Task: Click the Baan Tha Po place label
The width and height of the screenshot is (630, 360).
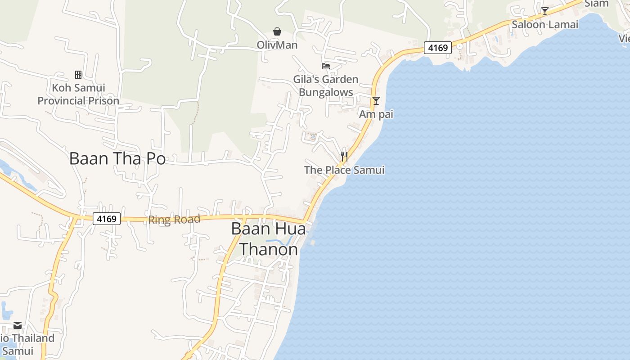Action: (117, 158)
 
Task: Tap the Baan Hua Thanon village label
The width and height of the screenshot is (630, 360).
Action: (269, 238)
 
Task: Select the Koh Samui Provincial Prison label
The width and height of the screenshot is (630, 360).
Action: (78, 94)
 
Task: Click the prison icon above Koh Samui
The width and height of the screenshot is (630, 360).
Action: (78, 74)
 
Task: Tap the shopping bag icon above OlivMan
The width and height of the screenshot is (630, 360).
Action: (277, 31)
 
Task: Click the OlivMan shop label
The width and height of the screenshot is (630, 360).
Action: (277, 45)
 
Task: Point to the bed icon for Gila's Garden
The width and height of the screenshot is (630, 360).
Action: (326, 66)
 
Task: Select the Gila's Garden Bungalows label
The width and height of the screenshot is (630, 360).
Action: (326, 85)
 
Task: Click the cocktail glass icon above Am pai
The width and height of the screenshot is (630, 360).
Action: (376, 101)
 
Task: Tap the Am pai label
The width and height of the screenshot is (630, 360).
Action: (376, 114)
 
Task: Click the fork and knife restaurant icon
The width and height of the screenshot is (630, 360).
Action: (344, 157)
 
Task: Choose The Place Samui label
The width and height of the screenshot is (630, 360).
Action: (344, 170)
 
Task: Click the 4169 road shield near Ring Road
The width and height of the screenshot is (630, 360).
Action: (107, 219)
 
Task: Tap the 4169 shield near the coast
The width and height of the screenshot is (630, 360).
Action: (437, 47)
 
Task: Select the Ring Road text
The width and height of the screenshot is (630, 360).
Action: (174, 220)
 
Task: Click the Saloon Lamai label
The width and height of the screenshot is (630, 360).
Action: (545, 25)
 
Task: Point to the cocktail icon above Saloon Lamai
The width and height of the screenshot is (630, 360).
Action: (545, 11)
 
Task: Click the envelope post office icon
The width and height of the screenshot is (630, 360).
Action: (18, 325)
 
